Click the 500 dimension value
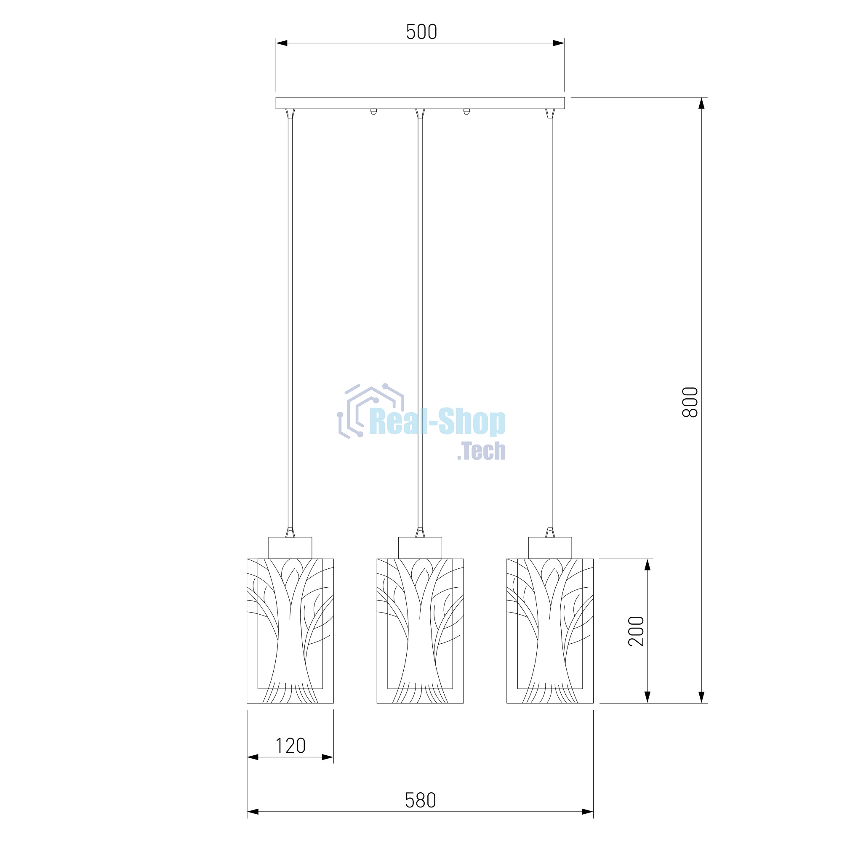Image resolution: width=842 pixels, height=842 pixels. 421,32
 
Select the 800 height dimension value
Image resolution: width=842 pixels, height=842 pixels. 690,402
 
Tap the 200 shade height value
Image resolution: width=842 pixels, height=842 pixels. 636,631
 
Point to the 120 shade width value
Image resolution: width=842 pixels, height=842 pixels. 290,746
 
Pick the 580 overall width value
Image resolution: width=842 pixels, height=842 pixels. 421,800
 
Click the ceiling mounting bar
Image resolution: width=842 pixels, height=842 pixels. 420,103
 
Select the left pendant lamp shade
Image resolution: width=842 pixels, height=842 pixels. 290,631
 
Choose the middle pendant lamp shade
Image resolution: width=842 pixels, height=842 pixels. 420,631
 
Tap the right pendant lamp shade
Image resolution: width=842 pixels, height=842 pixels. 550,631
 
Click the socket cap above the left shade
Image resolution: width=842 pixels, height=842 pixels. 290,548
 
